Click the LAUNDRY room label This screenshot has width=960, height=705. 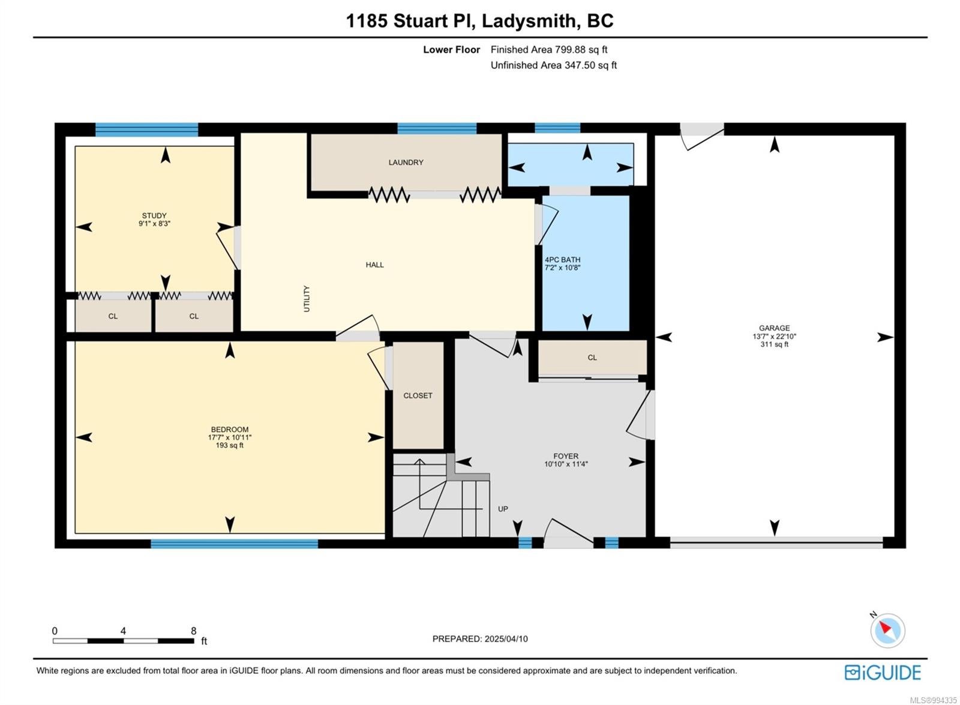point(406,163)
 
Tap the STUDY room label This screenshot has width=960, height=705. point(154,215)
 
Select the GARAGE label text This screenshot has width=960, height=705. point(774,328)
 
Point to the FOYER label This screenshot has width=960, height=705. point(566,456)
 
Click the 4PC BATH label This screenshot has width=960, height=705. point(562,260)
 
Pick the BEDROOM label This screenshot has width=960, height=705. point(230,430)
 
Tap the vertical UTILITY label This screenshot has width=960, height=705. point(307,299)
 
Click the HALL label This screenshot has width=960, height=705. point(374,265)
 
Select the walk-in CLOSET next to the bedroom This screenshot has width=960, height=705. point(418,395)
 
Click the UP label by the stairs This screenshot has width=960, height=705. point(503,509)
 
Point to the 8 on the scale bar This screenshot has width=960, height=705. point(194,631)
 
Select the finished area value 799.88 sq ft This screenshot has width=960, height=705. point(581,50)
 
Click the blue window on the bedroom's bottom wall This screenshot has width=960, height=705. point(235,544)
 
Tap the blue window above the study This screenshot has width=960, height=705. point(146,130)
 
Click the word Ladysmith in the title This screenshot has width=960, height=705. point(529,20)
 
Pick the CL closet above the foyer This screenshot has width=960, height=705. point(592,358)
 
